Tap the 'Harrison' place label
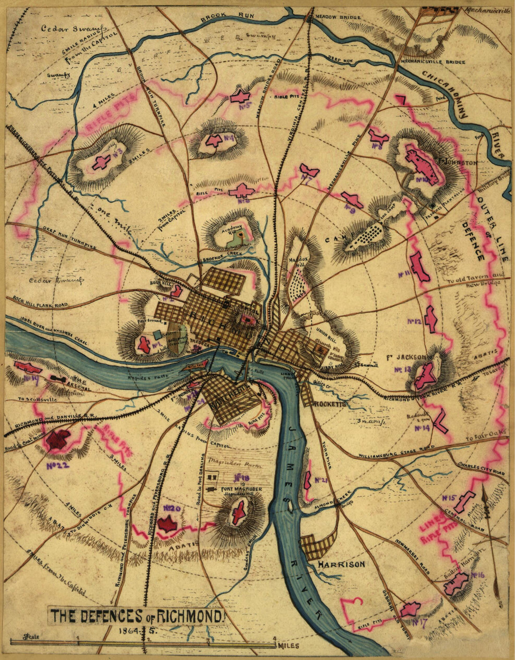coord(341,565)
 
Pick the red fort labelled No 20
coord(167,523)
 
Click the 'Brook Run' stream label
coord(227,19)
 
